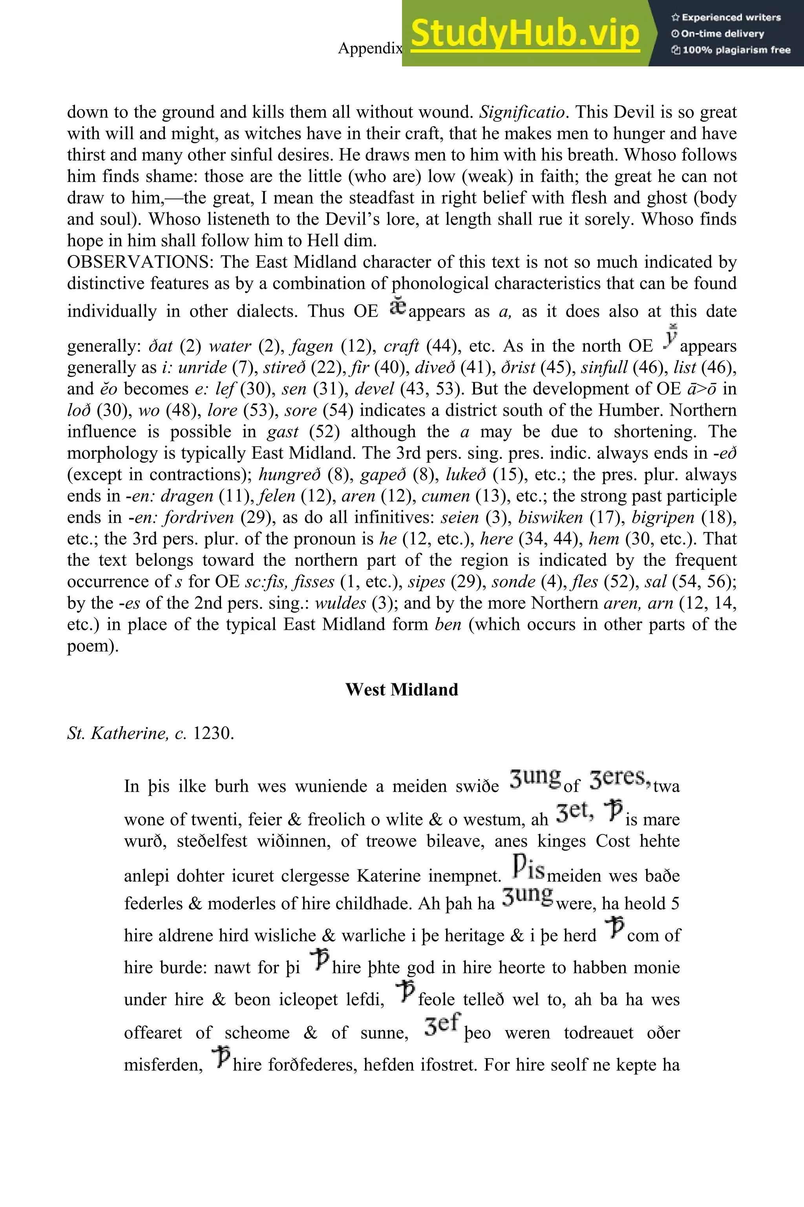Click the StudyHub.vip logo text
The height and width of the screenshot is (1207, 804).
525,34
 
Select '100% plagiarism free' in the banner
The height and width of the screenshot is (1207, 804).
731,50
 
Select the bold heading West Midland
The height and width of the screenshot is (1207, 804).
402,689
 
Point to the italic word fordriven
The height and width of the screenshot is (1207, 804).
199,517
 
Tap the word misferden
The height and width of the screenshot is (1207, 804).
164,1065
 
